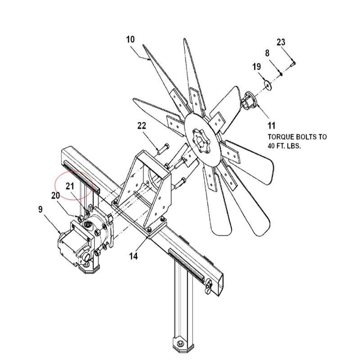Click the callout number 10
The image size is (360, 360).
tap(130, 40)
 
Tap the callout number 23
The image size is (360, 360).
tap(281, 42)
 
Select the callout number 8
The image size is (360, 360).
tap(267, 53)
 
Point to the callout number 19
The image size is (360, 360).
tap(256, 67)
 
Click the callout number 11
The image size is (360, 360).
tap(271, 126)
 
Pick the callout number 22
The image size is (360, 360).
tap(142, 126)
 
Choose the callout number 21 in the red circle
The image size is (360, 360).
tap(70, 186)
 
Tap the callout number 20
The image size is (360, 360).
tap(55, 196)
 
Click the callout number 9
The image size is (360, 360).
tap(40, 209)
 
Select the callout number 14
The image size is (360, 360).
tap(133, 256)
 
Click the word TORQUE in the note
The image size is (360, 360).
tap(281, 137)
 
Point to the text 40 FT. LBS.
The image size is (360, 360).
tap(284, 146)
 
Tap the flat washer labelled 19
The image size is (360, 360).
tap(267, 85)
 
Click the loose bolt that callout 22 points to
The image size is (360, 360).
tap(163, 149)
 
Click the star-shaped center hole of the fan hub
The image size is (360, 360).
tap(200, 140)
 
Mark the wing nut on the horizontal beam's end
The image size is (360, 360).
tap(209, 286)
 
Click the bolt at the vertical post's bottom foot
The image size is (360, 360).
tap(180, 343)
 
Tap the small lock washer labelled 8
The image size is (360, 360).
tap(280, 73)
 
